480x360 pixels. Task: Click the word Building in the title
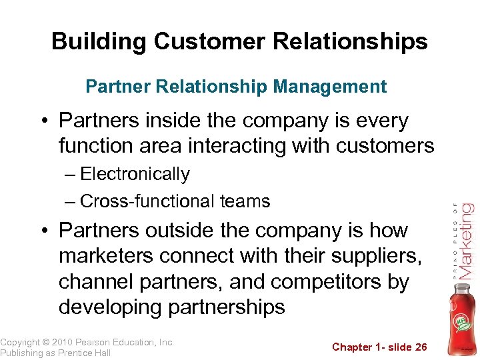pos(99,41)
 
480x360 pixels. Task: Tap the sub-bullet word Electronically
pos(135,174)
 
